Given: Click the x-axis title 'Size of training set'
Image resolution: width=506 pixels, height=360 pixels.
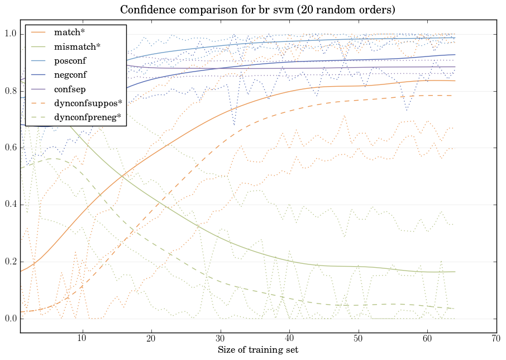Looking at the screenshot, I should [x=257, y=350].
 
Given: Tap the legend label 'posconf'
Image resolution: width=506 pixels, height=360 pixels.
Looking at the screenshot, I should [x=69, y=60].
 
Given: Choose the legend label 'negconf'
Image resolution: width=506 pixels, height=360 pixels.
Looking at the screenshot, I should [x=69, y=74].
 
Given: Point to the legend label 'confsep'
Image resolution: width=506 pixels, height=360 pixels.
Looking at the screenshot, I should [x=69, y=88].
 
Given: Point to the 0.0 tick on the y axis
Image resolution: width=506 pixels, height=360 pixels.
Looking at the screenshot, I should [x=10, y=319].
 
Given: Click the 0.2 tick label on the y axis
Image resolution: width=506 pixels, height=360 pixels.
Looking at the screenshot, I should [x=10, y=262].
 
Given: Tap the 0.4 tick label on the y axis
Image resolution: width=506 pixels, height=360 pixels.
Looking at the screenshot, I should [x=10, y=205].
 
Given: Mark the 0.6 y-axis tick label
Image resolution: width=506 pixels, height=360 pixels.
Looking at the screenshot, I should [x=10, y=148].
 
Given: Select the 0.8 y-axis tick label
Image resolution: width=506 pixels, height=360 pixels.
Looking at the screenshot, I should [x=10, y=91].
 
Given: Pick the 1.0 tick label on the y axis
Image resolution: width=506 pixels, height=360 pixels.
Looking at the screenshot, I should [x=10, y=34].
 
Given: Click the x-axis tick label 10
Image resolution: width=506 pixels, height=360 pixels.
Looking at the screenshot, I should [x=82, y=339].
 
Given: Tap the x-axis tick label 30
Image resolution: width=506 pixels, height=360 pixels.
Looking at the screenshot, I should [x=220, y=339].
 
